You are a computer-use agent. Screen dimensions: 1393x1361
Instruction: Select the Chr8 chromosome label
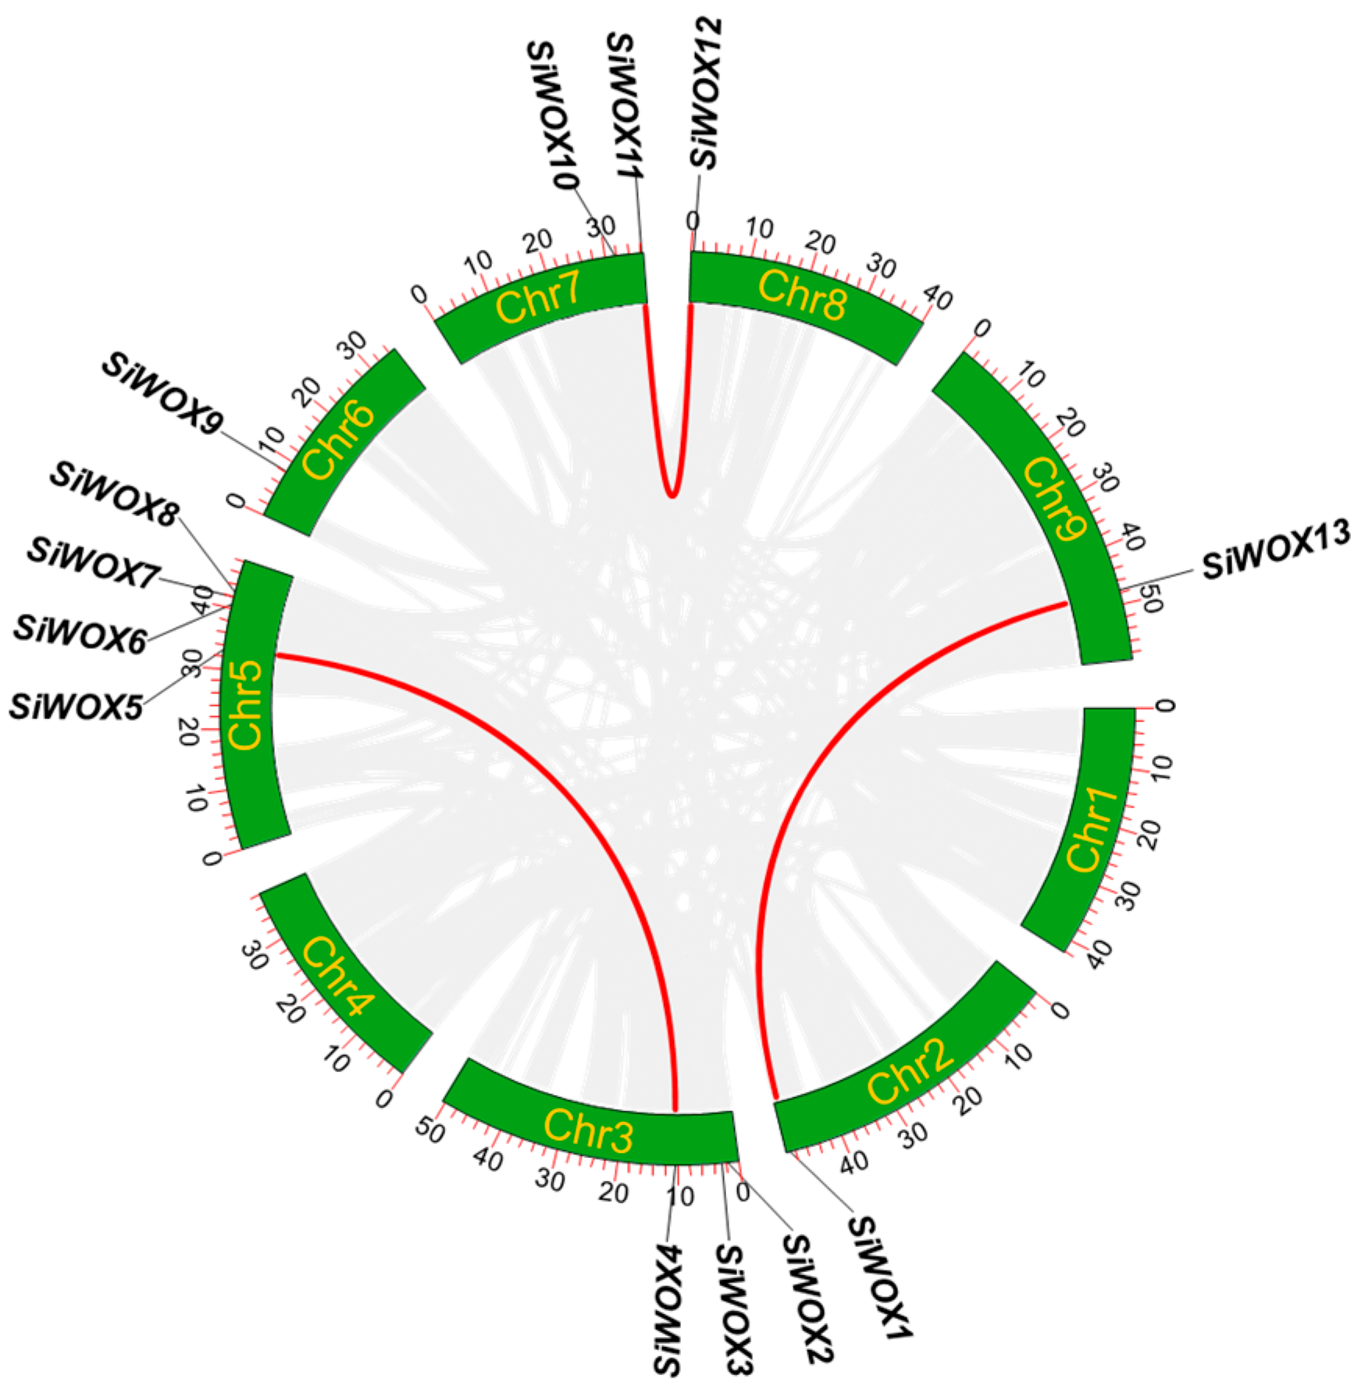802,296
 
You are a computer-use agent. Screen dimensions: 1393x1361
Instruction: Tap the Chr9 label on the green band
1055,497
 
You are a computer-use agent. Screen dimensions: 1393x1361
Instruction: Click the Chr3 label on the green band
587,1131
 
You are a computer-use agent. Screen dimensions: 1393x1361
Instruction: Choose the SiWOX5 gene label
76,707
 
